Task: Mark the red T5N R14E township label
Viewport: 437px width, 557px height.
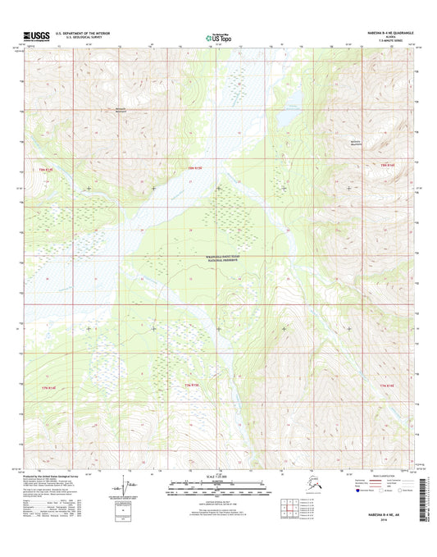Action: pos(389,167)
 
